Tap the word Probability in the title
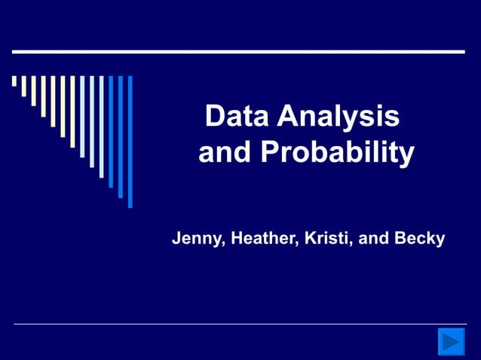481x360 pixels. click(338, 154)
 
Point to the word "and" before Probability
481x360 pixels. click(225, 154)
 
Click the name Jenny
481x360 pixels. click(198, 239)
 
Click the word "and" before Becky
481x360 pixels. click(373, 239)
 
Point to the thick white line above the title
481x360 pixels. click(238, 52)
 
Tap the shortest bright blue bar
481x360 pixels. click(111, 131)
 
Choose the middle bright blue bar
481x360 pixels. click(121, 136)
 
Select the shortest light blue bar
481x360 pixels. click(82, 116)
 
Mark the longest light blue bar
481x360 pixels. click(102, 127)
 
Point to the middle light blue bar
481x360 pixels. click(92, 121)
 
